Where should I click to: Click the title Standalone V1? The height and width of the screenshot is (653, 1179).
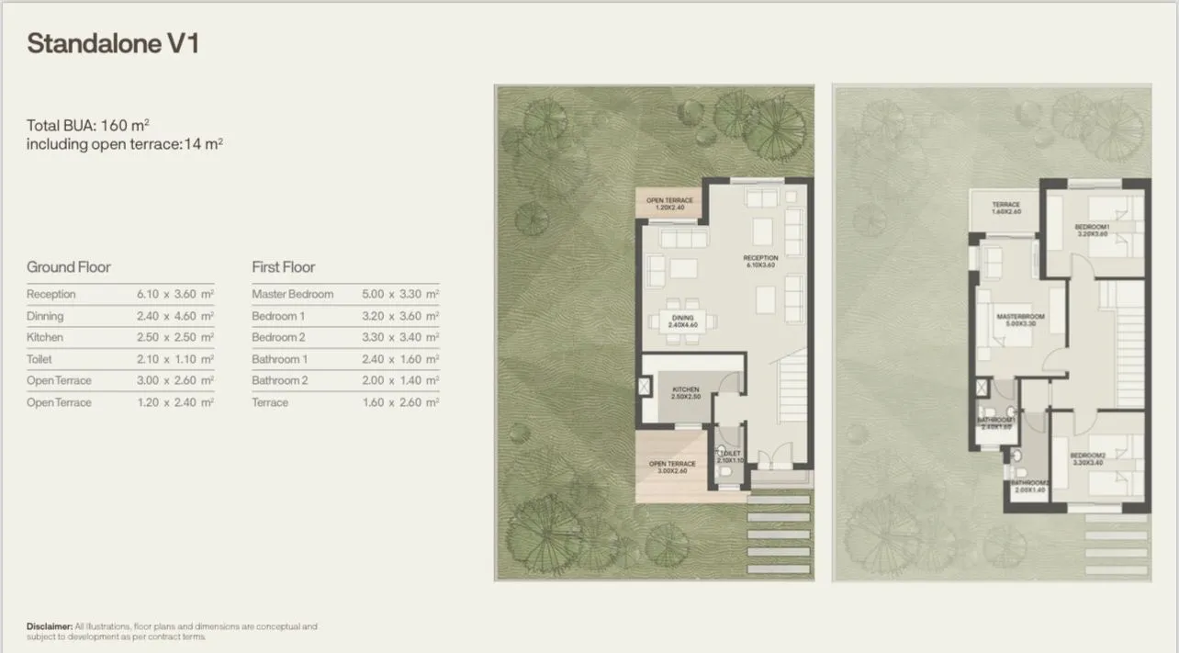click(113, 44)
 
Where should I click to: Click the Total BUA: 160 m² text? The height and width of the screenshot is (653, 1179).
click(88, 126)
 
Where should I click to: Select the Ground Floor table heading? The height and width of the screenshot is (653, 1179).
click(69, 267)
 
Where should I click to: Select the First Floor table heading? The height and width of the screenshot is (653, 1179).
click(283, 267)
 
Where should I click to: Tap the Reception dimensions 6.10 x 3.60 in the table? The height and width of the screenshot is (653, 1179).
click(174, 295)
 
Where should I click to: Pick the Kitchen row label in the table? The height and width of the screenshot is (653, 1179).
click(45, 338)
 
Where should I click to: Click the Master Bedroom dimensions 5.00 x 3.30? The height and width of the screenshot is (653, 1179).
click(399, 295)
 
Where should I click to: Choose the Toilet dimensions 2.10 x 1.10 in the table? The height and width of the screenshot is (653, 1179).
click(174, 360)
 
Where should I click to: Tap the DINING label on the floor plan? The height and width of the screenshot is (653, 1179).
click(682, 321)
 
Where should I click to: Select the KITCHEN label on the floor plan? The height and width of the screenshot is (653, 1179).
click(685, 392)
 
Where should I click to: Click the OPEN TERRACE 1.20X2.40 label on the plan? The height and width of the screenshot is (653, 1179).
click(669, 204)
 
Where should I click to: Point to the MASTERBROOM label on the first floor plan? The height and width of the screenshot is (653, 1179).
click(1020, 320)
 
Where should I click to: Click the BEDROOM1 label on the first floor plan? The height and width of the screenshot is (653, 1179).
click(1093, 230)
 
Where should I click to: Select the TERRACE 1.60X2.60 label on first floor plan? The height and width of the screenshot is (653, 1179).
click(1005, 208)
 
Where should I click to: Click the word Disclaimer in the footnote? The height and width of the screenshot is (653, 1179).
click(49, 627)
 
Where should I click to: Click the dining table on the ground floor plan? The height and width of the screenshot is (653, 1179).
click(682, 321)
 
